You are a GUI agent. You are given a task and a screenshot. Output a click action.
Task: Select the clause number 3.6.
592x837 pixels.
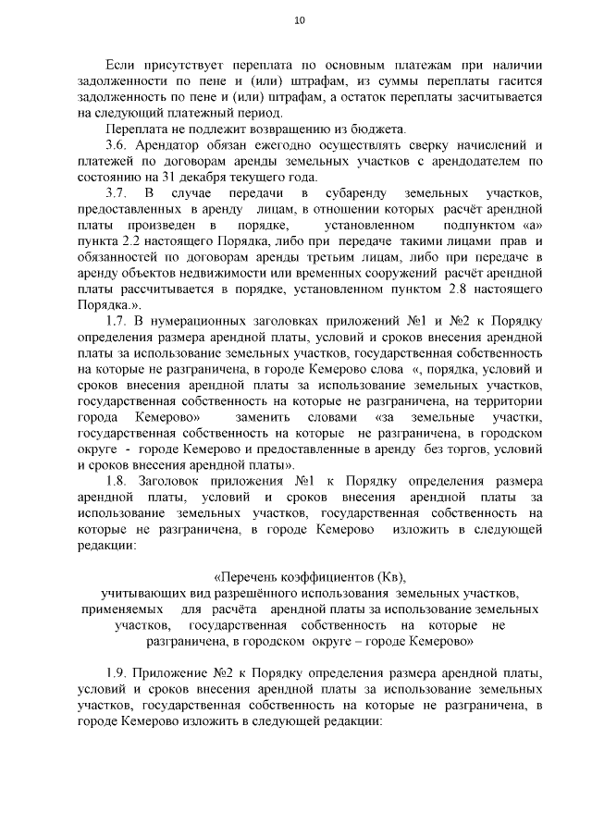coord(120,145)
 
